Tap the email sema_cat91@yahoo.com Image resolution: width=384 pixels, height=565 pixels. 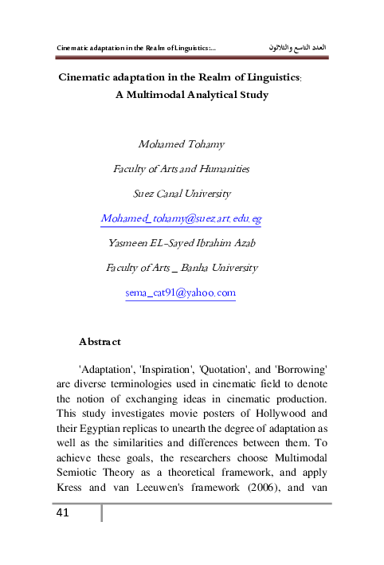point(181,293)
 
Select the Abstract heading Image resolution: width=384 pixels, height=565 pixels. point(100,342)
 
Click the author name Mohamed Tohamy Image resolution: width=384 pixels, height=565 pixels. point(182,144)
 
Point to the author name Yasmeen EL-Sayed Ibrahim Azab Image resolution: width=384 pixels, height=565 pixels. point(182,242)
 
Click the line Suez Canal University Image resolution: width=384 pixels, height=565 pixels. point(182,193)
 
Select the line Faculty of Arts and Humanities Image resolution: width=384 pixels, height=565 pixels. point(182,169)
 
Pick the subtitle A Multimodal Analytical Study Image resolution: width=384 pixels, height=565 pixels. point(192,95)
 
